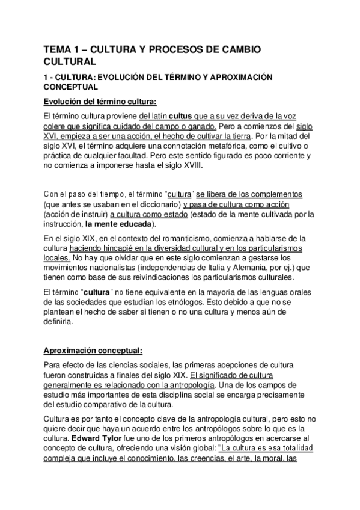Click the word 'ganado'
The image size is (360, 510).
201,126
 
